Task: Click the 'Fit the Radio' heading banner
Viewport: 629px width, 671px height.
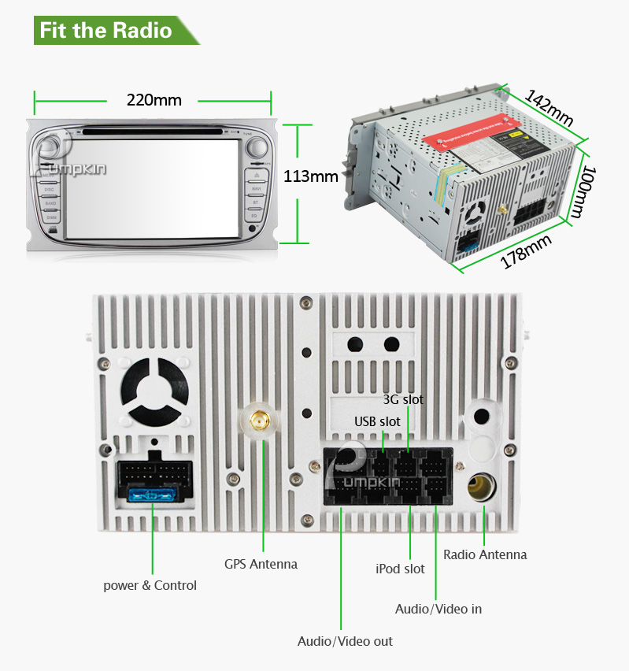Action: tap(106, 31)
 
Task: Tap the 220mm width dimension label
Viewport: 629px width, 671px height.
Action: tap(154, 100)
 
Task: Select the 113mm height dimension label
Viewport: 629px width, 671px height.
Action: tap(310, 176)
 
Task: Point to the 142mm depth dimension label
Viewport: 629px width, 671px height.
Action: tap(549, 107)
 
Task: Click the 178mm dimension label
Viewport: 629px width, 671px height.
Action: tap(526, 251)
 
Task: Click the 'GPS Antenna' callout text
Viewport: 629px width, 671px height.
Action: tap(261, 564)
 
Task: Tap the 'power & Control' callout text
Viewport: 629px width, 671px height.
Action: tap(150, 585)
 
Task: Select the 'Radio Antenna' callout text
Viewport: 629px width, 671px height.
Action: tap(485, 554)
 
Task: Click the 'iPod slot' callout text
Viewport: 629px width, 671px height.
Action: tap(400, 569)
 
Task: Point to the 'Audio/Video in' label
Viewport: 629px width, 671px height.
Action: tap(438, 609)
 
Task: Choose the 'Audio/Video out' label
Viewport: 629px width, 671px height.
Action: tap(345, 641)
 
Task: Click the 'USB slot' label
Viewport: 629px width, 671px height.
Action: tap(377, 421)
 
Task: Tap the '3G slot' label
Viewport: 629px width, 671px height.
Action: tap(403, 399)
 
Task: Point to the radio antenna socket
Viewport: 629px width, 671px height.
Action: tap(482, 485)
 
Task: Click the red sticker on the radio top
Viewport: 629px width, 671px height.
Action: tap(464, 132)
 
